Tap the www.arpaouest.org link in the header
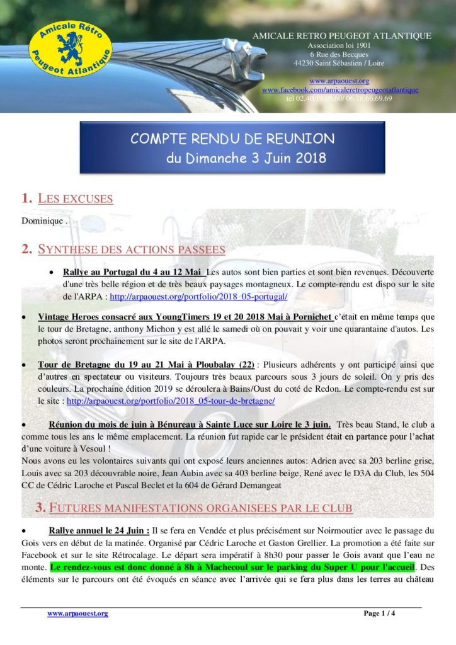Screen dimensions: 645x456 pos(339,81)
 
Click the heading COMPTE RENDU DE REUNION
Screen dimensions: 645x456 pos(232,139)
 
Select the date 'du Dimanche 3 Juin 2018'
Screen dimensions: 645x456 pos(246,158)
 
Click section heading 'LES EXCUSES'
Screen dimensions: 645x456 pos(75,199)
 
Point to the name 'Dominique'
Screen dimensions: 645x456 pos(42,221)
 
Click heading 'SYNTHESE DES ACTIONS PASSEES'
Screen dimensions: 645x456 pos(131,249)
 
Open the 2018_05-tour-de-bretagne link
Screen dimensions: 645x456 pos(171,400)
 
